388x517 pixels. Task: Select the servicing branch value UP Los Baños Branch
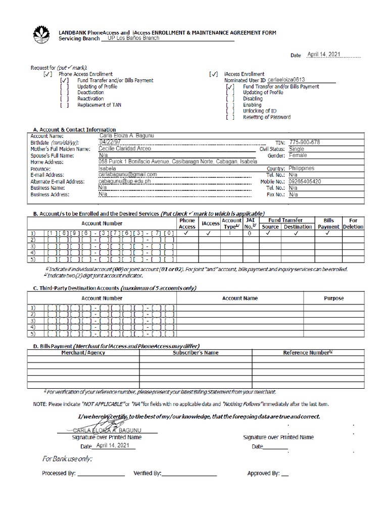130,38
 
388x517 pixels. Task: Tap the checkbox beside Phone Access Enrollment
48,74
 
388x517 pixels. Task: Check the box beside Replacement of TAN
64,105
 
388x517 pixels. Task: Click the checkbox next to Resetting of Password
230,117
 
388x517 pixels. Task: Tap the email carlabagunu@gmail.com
128,175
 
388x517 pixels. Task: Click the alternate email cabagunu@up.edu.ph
125,181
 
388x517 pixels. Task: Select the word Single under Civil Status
297,149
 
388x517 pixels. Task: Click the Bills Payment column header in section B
328,224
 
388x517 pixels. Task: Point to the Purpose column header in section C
333,298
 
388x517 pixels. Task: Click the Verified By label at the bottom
147,474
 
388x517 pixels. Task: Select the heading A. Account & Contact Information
74,130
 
